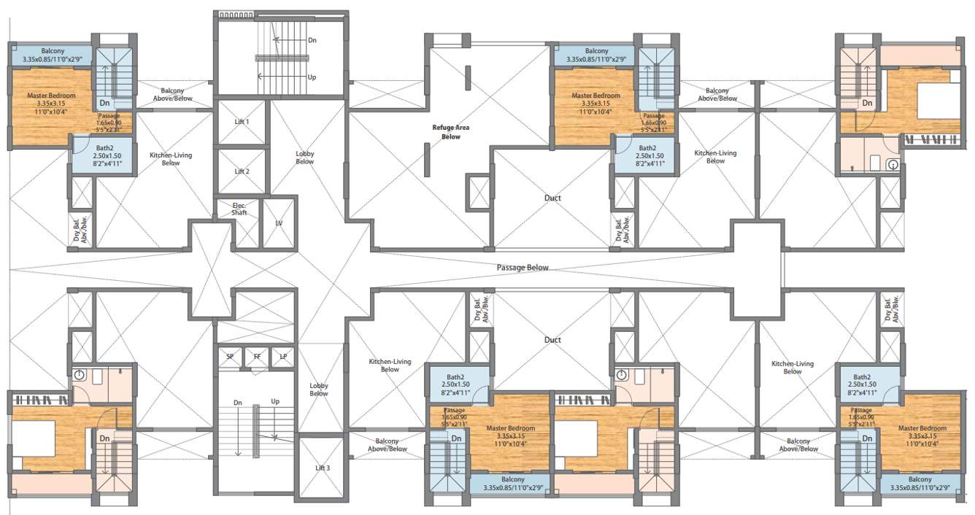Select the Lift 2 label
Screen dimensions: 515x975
[x=242, y=171]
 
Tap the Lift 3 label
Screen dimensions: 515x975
[x=322, y=468]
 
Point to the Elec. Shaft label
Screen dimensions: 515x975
[x=239, y=209]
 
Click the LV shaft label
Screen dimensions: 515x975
[x=279, y=223]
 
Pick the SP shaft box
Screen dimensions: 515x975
[x=230, y=357]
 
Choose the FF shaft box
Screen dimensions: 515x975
[x=256, y=357]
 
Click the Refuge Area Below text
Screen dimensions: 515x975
[x=450, y=132]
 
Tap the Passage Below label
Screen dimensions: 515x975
[x=522, y=268]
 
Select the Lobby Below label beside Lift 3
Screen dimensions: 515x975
[x=319, y=390]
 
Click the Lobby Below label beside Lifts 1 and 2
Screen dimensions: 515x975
[x=305, y=158]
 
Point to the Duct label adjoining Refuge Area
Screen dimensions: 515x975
[x=552, y=198]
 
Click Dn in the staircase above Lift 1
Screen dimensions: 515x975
[x=312, y=41]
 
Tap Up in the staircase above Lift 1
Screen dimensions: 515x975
[x=312, y=77]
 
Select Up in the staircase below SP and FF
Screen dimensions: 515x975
[x=275, y=402]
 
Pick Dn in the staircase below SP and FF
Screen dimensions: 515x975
[x=238, y=402]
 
